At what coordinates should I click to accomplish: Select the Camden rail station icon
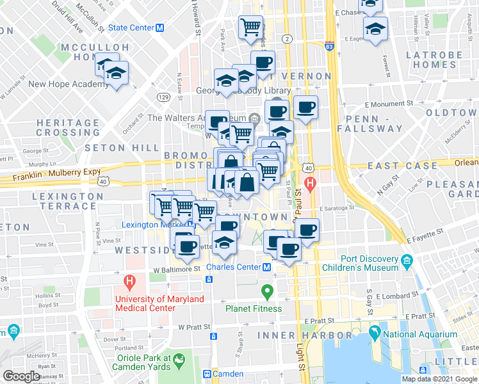coord(207,374)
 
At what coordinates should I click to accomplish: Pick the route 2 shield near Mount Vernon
coord(288,40)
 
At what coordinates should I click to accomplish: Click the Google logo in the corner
coord(21,376)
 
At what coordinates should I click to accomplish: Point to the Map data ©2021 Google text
coord(439,379)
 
